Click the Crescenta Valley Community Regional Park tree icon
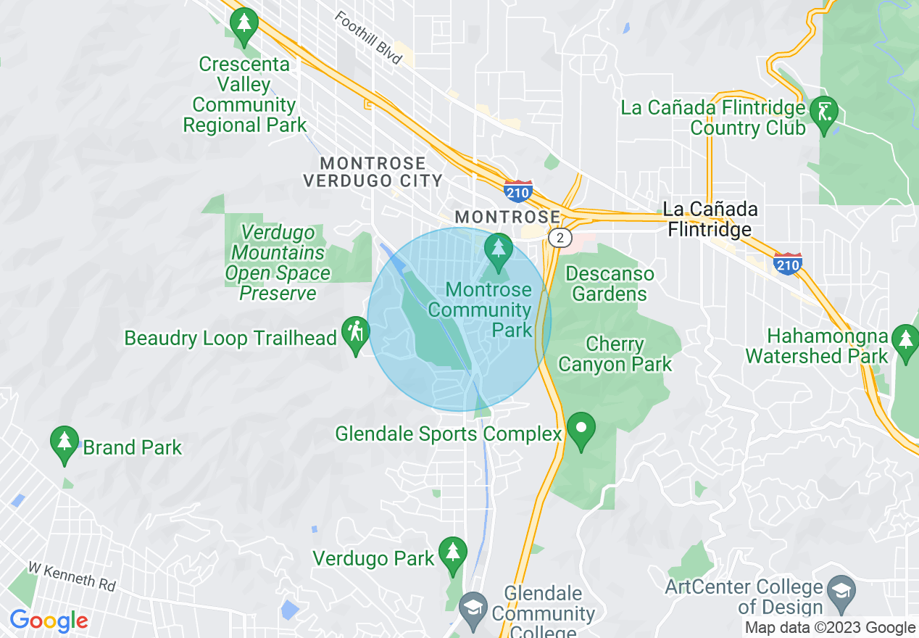point(244,25)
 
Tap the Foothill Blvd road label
point(369,38)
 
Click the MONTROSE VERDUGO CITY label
point(373,172)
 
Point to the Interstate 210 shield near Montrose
point(518,191)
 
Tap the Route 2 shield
point(560,238)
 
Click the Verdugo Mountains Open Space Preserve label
point(278,263)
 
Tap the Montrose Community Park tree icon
point(498,249)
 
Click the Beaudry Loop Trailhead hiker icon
point(355,333)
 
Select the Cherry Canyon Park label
point(615,354)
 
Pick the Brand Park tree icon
point(65,442)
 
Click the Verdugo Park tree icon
point(453,554)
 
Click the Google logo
point(49,621)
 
